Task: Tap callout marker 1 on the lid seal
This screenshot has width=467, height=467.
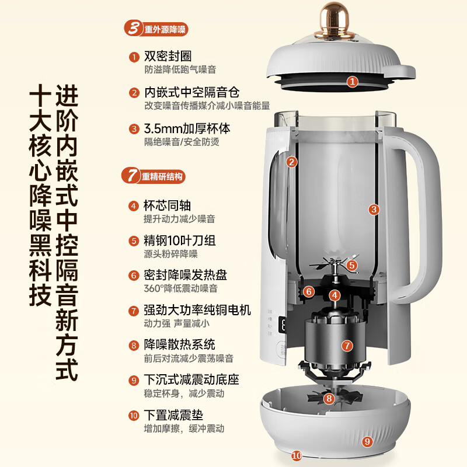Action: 352,82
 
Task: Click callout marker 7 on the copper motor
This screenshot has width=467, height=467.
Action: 347,346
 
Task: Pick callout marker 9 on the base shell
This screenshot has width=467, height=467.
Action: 367,441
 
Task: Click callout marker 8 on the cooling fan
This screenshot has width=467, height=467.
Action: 329,399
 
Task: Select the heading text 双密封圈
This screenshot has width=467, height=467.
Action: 168,57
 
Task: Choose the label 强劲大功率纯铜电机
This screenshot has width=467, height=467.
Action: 197,310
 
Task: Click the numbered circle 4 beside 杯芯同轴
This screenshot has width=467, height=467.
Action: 134,206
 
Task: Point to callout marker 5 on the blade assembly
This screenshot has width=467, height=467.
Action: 351,265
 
